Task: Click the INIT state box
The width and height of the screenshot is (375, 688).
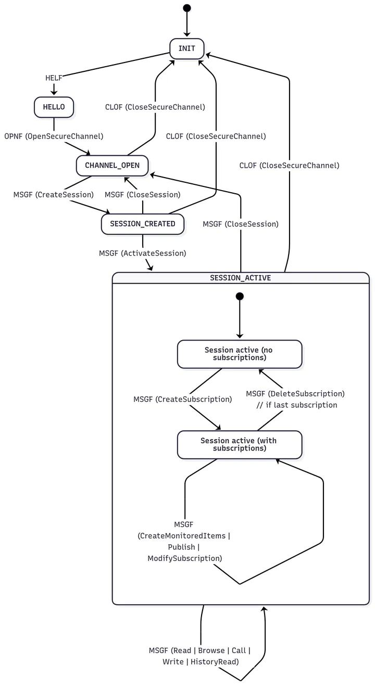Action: (186, 48)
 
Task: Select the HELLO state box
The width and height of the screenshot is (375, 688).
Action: (54, 107)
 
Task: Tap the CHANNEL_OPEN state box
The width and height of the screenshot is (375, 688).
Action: (112, 166)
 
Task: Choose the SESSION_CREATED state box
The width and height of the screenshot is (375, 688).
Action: (142, 224)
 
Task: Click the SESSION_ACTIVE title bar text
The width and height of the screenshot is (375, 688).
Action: (240, 278)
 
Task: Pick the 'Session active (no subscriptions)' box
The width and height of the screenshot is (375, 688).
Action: (240, 354)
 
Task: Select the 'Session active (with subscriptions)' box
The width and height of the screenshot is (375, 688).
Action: (240, 444)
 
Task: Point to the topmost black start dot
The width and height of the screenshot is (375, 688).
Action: (187, 8)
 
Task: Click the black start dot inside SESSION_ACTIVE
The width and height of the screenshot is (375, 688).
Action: (240, 296)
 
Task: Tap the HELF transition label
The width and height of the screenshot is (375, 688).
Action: (54, 78)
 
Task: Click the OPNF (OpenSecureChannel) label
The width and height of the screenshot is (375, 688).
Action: (54, 136)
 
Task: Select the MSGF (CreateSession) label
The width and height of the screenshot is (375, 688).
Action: (54, 195)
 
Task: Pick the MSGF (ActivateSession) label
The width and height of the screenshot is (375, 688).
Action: (142, 253)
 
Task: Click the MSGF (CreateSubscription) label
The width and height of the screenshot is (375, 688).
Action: (182, 399)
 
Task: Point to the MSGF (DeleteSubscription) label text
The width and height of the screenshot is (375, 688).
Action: (295, 394)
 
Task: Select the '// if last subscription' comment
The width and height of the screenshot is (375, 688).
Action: (297, 405)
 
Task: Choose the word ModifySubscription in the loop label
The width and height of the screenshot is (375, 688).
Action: (184, 558)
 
